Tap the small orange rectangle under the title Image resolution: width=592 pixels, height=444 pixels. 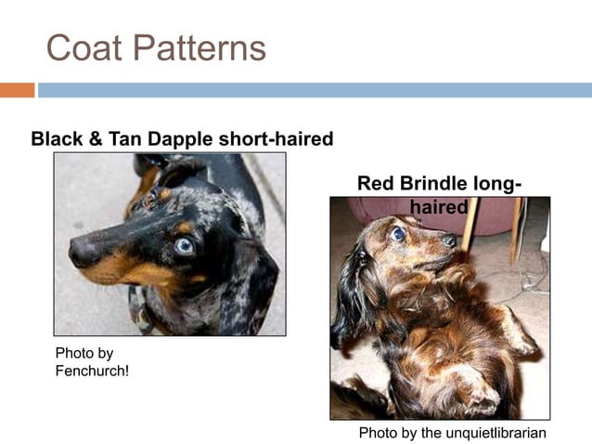(x=17, y=90)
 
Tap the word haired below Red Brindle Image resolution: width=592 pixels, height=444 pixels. (x=439, y=206)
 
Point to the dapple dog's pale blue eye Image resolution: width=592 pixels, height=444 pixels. (x=185, y=245)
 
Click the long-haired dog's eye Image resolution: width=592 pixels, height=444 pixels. (x=398, y=234)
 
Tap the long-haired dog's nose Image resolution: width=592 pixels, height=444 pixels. (x=449, y=240)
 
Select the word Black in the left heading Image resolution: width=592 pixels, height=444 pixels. (x=58, y=139)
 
